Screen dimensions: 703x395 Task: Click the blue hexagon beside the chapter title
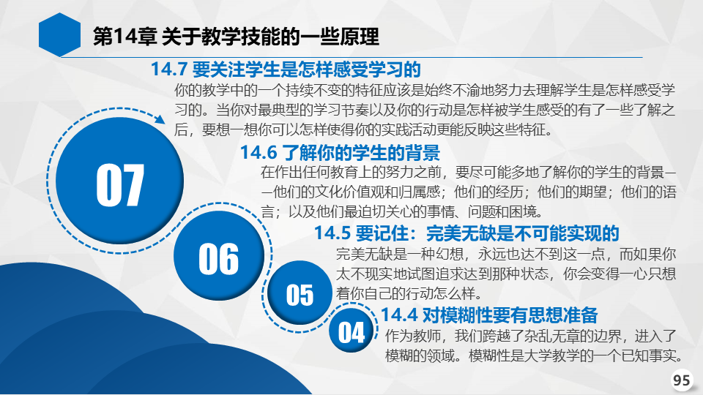click(59, 34)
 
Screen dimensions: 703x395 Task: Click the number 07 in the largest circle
click(120, 184)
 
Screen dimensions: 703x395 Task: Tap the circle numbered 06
click(219, 256)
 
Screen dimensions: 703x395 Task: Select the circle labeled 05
click(300, 293)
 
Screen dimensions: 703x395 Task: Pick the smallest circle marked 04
click(351, 331)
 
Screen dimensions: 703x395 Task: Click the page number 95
click(682, 380)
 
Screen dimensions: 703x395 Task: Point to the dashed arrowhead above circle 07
click(160, 118)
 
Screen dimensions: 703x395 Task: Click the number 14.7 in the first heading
click(168, 69)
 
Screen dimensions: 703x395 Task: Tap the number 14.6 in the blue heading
click(258, 153)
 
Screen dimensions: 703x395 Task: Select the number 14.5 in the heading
click(332, 233)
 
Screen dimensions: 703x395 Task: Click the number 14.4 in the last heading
click(399, 315)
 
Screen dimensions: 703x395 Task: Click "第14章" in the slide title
click(124, 37)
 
